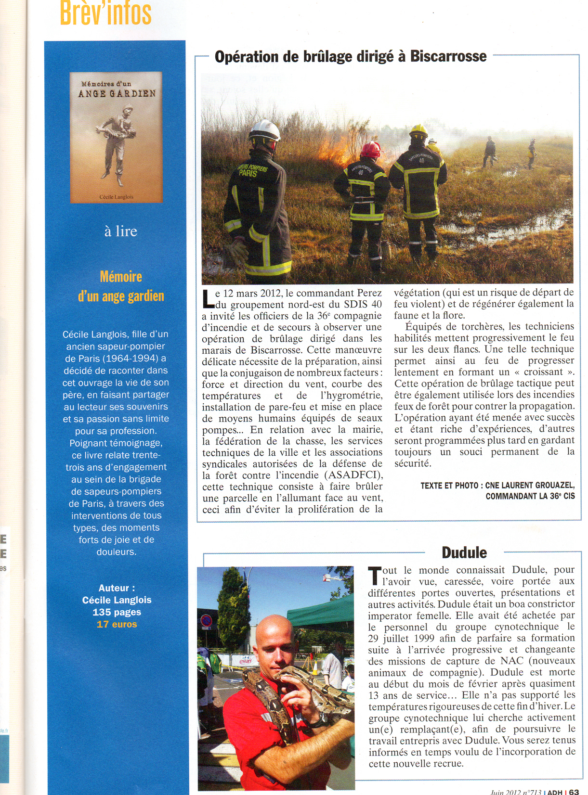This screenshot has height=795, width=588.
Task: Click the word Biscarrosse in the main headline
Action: pyautogui.click(x=448, y=56)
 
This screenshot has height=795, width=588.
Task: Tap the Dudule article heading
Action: pyautogui.click(x=464, y=552)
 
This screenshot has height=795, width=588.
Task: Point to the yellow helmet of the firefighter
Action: pyautogui.click(x=418, y=130)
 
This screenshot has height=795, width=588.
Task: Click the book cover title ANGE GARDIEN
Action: pyautogui.click(x=117, y=93)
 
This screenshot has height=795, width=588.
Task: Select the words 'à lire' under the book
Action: pyautogui.click(x=120, y=231)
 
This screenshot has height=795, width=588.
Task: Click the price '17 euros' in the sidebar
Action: pyautogui.click(x=117, y=624)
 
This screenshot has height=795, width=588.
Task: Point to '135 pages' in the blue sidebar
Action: pyautogui.click(x=117, y=612)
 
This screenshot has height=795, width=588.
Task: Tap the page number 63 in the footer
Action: pyautogui.click(x=574, y=791)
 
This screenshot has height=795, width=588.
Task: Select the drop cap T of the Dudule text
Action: pyautogui.click(x=375, y=576)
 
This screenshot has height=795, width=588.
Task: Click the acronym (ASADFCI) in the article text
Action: pyautogui.click(x=353, y=475)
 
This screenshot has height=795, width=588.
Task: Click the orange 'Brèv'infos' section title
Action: pyautogui.click(x=105, y=13)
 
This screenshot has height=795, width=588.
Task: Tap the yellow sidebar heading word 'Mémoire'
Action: pyautogui.click(x=121, y=277)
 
